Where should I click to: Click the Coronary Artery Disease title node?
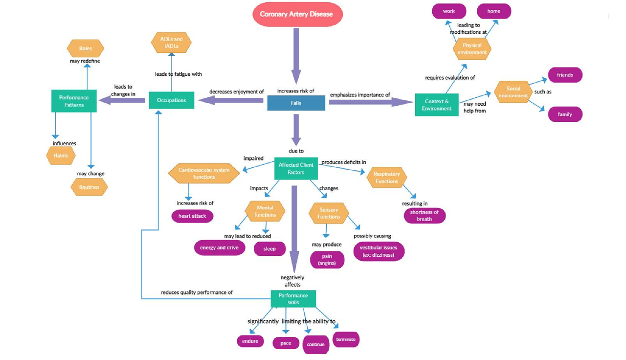296,14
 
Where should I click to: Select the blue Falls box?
296,103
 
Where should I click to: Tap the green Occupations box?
171,100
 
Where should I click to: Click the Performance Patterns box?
74,101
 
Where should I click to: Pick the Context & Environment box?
437,105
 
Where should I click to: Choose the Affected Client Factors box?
296,169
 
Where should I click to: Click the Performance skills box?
293,299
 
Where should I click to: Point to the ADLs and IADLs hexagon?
171,43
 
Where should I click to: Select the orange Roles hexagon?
86,48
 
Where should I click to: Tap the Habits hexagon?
61,156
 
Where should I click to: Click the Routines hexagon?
89,187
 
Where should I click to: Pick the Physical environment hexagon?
472,49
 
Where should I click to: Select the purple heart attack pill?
192,216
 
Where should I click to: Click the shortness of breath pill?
425,216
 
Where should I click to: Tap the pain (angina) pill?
327,260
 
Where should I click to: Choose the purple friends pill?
565,75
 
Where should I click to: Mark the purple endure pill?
250,341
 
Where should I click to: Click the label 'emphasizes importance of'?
360,95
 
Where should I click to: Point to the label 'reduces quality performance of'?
197,292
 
